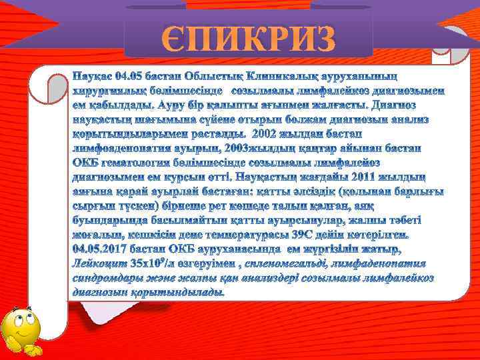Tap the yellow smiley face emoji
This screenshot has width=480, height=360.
pos(21,331)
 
